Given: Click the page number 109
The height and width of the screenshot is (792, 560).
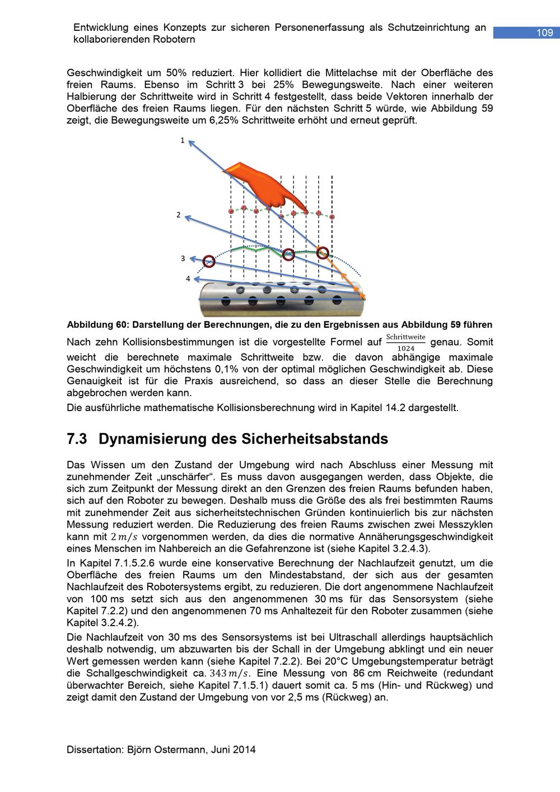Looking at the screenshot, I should [544, 33].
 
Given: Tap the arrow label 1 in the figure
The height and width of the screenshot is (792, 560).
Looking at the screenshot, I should [182, 141].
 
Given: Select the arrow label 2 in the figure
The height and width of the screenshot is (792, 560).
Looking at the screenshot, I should [179, 215].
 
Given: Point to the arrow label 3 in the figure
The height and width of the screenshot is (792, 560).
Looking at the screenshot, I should [183, 258].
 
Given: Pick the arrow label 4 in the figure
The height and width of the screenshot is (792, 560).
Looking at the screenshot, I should [188, 278].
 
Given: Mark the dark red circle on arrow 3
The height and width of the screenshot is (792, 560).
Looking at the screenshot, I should [209, 260].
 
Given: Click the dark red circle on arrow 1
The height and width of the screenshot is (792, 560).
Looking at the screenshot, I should [322, 253].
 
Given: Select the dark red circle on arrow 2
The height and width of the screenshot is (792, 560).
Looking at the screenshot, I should [288, 254].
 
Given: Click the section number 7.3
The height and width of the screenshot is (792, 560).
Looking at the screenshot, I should [77, 439].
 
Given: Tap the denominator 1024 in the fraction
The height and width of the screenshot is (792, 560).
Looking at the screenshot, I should [406, 348].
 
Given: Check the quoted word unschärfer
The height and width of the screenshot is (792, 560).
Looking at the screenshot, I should [186, 477].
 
